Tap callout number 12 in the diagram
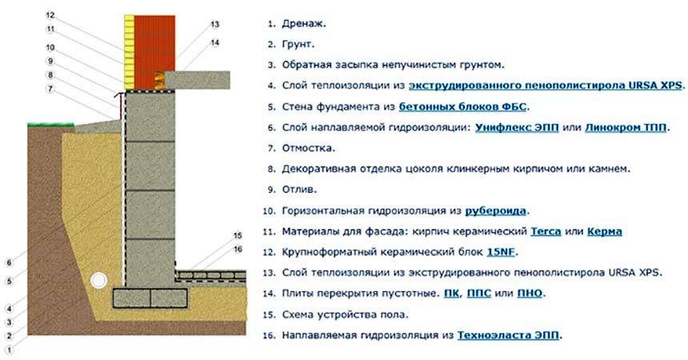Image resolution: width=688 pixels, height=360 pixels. point(50,15)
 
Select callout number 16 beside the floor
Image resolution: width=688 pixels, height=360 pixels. point(238,250)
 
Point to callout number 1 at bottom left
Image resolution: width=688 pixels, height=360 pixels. point(10,350)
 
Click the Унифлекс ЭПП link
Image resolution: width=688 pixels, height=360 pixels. point(506,127)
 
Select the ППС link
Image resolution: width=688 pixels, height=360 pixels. point(482,294)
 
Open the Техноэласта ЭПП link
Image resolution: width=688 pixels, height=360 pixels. point(509,336)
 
